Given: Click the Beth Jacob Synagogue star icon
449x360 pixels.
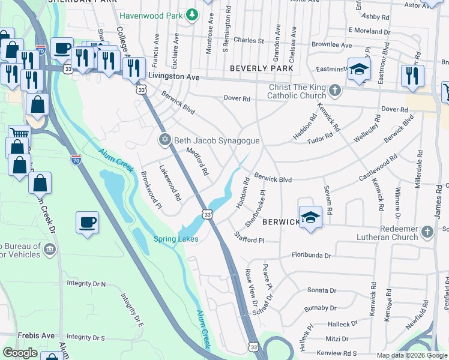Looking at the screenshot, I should point(164,140).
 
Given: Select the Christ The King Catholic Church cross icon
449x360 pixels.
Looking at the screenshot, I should point(334,92).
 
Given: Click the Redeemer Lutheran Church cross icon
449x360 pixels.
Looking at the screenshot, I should point(427,232).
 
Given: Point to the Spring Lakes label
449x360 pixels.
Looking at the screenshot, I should point(176,239).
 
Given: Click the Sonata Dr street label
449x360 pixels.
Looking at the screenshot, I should point(321,290).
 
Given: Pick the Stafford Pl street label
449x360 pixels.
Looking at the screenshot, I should point(249,238).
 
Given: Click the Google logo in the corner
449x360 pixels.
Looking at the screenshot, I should point(20,353).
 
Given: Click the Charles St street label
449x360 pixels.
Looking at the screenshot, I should point(249,41).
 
